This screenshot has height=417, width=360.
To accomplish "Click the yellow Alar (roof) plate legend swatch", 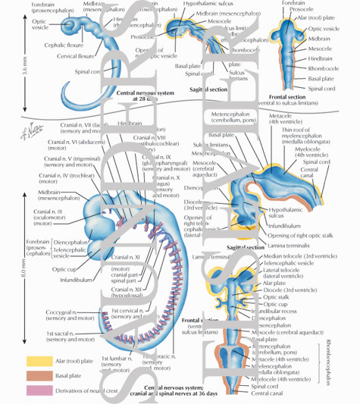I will [36, 362].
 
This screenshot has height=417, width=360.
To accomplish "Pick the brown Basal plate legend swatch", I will [36, 375].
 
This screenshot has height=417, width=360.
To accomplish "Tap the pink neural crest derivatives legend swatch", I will [36, 389].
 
